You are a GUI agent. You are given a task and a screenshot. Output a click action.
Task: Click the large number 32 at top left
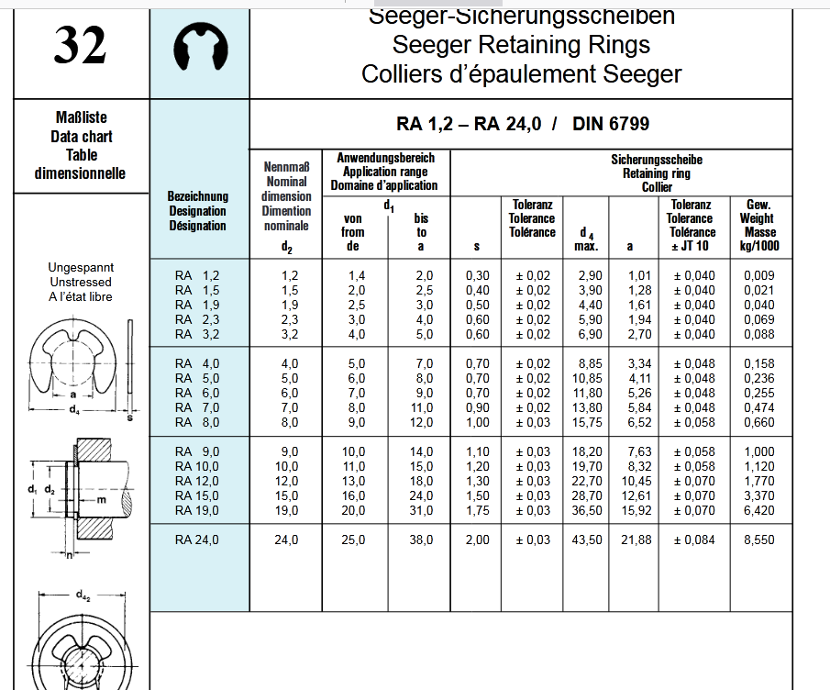coord(80,46)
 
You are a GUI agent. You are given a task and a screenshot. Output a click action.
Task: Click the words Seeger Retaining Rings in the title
coord(521,45)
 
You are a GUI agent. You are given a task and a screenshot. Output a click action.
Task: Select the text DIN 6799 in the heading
coord(611,124)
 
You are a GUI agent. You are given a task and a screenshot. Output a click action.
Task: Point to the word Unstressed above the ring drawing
coord(81,283)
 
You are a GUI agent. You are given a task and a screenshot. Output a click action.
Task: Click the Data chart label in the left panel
coord(81,137)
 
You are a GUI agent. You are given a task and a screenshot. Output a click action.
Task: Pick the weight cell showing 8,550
coord(758,540)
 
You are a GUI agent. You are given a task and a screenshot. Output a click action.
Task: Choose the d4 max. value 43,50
coord(587,540)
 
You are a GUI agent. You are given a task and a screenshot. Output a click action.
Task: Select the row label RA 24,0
coord(197,540)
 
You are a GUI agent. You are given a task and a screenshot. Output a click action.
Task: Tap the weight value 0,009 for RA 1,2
coord(758,275)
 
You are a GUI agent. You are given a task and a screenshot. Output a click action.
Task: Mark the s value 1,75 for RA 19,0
coord(477,510)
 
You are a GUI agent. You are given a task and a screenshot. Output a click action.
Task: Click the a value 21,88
coord(636,540)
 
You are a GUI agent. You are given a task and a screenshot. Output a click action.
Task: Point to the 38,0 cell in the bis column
coord(422,540)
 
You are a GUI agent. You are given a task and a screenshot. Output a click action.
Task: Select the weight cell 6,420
coord(758,510)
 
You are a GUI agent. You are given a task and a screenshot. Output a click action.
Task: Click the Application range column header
coord(385,172)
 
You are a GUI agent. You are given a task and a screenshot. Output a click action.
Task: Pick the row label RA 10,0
coord(197,466)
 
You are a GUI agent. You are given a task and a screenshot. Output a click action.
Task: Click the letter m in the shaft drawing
coord(102,500)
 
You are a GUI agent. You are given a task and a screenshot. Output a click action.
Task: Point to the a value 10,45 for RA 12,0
coord(636,481)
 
